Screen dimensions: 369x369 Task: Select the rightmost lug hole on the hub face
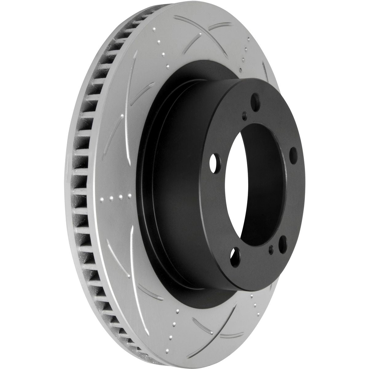(x=292, y=153)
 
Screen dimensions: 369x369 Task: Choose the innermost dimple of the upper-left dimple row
(x=168, y=66)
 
